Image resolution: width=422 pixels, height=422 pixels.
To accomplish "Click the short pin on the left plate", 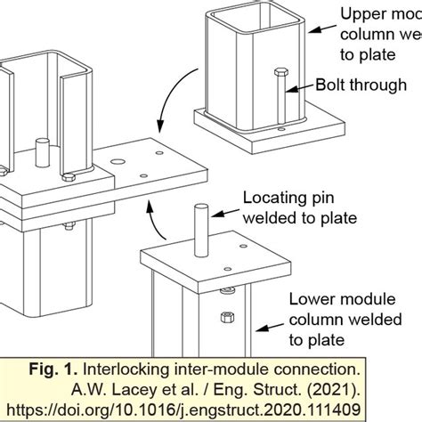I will tap(42, 148).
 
